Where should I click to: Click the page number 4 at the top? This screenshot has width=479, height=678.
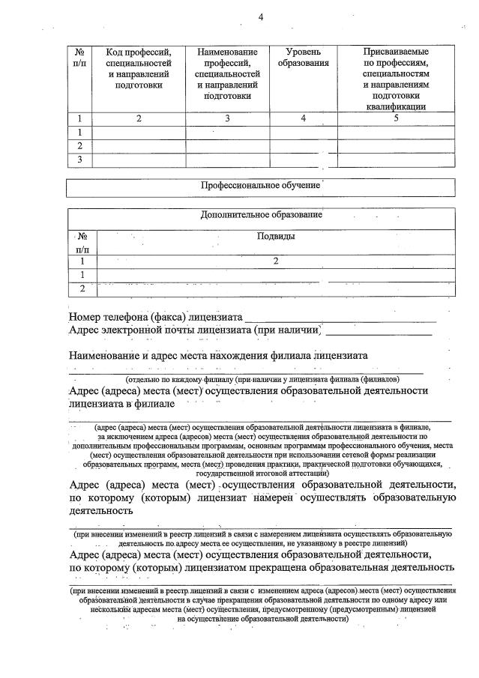click(x=260, y=16)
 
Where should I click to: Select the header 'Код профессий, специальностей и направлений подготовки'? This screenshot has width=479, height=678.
click(x=138, y=69)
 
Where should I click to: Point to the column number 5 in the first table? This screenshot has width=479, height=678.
click(x=395, y=118)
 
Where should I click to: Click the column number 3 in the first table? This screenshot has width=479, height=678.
click(x=227, y=118)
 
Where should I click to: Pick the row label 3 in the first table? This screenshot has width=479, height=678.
click(x=79, y=159)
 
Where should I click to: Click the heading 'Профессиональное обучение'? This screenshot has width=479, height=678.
click(x=260, y=185)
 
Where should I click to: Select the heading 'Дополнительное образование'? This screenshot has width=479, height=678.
click(x=261, y=215)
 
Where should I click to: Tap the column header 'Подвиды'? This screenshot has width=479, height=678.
click(x=275, y=237)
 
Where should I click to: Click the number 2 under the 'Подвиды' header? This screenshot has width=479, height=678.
click(x=275, y=261)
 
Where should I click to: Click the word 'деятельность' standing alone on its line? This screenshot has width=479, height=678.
click(x=101, y=510)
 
